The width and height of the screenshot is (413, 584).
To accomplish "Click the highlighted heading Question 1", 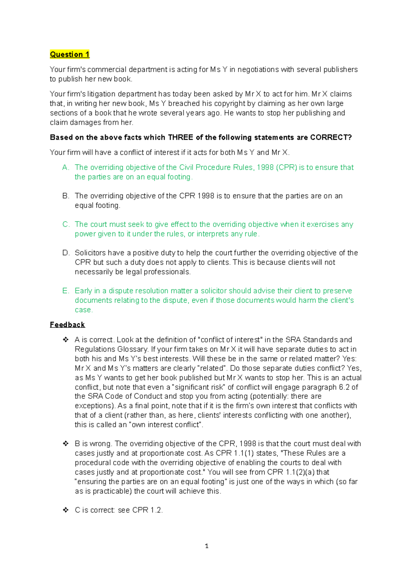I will [x=70, y=54].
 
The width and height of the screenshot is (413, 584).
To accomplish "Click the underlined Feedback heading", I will [x=67, y=325].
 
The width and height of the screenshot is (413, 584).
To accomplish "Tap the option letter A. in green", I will [x=66, y=167].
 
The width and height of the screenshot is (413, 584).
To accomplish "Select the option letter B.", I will [x=66, y=196].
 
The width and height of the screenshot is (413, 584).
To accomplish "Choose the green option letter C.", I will [x=66, y=225].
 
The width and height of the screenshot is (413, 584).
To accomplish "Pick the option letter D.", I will [x=66, y=253].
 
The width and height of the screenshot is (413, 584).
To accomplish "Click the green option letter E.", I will [x=66, y=291].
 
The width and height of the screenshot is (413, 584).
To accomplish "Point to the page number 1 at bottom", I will [x=206, y=546].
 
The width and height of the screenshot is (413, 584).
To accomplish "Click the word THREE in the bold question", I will [x=181, y=137].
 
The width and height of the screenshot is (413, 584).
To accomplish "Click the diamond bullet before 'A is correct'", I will [x=65, y=340].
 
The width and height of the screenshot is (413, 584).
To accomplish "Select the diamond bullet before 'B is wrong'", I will [x=65, y=444].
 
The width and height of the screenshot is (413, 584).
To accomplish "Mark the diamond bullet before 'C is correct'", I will [x=65, y=510].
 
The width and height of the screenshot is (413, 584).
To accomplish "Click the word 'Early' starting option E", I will [x=83, y=291].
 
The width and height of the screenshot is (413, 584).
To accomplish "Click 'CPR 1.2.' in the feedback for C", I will [x=147, y=510].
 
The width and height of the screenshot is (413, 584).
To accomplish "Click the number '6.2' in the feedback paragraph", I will [x=344, y=387].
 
